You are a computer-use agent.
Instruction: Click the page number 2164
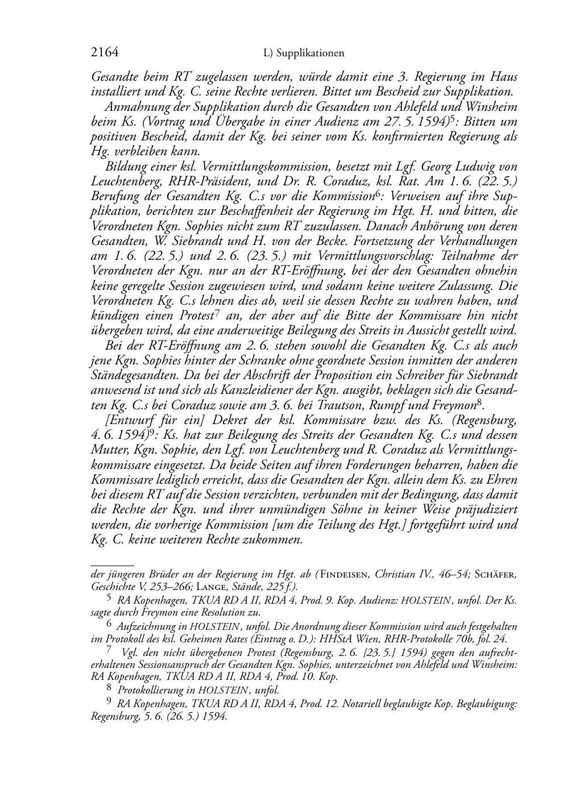pos(104,52)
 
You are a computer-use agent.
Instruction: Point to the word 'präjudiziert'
pos(485,509)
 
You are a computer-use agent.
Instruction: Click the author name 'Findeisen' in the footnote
pos(345,574)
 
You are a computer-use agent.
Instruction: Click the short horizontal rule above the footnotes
pos(112,566)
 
